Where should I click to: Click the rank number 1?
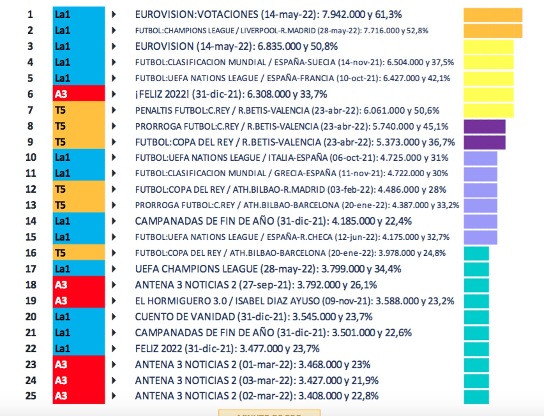coord(30,14)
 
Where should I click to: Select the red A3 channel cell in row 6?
coord(79,94)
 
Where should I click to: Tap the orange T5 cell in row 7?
coord(79,110)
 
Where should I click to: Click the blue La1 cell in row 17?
coord(79,269)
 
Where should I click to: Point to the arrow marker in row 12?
coord(114,189)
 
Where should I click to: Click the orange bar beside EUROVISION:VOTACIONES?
coord(493,15)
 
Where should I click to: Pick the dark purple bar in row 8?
coord(484,127)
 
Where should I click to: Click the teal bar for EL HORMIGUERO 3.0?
coord(476,301)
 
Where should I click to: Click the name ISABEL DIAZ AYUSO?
coord(277,301)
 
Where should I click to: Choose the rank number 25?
coord(31,396)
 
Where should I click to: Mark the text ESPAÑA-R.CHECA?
coord(299,237)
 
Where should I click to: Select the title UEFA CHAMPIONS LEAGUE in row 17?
coord(196,269)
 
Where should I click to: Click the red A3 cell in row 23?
coord(79,364)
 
